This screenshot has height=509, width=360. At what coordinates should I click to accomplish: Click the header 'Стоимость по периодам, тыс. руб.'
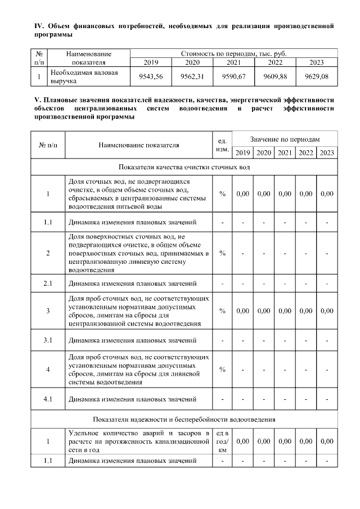click(233, 53)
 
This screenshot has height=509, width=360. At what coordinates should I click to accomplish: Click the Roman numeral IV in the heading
click(39, 26)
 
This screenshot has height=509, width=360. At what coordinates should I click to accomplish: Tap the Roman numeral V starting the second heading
click(37, 100)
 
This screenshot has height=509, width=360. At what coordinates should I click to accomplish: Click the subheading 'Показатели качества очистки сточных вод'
click(184, 168)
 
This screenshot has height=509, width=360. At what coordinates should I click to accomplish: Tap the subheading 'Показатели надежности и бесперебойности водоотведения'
click(184, 420)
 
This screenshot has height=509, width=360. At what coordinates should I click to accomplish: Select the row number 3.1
click(48, 340)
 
